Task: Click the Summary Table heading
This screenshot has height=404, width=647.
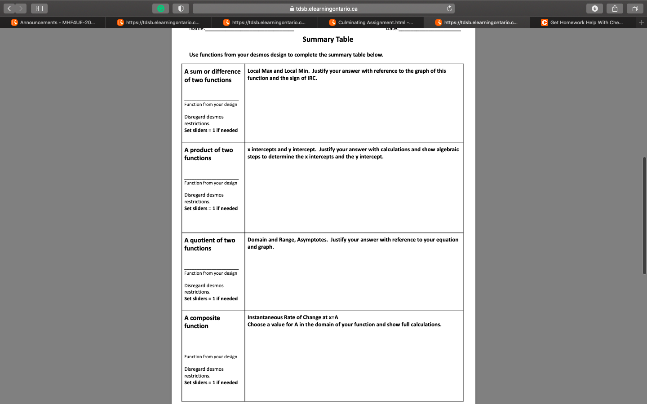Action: click(x=328, y=40)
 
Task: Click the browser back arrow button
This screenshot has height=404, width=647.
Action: click(x=9, y=9)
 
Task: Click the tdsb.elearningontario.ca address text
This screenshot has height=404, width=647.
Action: click(x=327, y=9)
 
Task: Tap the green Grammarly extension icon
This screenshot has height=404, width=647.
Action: click(x=160, y=9)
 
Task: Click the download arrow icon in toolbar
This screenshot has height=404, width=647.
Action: click(x=594, y=9)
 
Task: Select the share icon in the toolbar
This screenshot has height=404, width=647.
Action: click(x=615, y=9)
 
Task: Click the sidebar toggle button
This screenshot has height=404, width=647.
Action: click(x=39, y=9)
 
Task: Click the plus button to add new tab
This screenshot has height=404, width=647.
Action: click(x=641, y=22)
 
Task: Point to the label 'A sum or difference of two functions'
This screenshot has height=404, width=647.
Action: click(x=212, y=75)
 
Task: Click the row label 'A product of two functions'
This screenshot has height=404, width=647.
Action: click(x=208, y=154)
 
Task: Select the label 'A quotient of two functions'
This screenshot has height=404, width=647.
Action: click(x=209, y=244)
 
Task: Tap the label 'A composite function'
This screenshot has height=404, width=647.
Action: click(x=202, y=322)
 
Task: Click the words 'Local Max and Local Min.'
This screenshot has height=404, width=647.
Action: click(x=278, y=71)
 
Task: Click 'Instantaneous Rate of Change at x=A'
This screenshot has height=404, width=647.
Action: click(x=292, y=317)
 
